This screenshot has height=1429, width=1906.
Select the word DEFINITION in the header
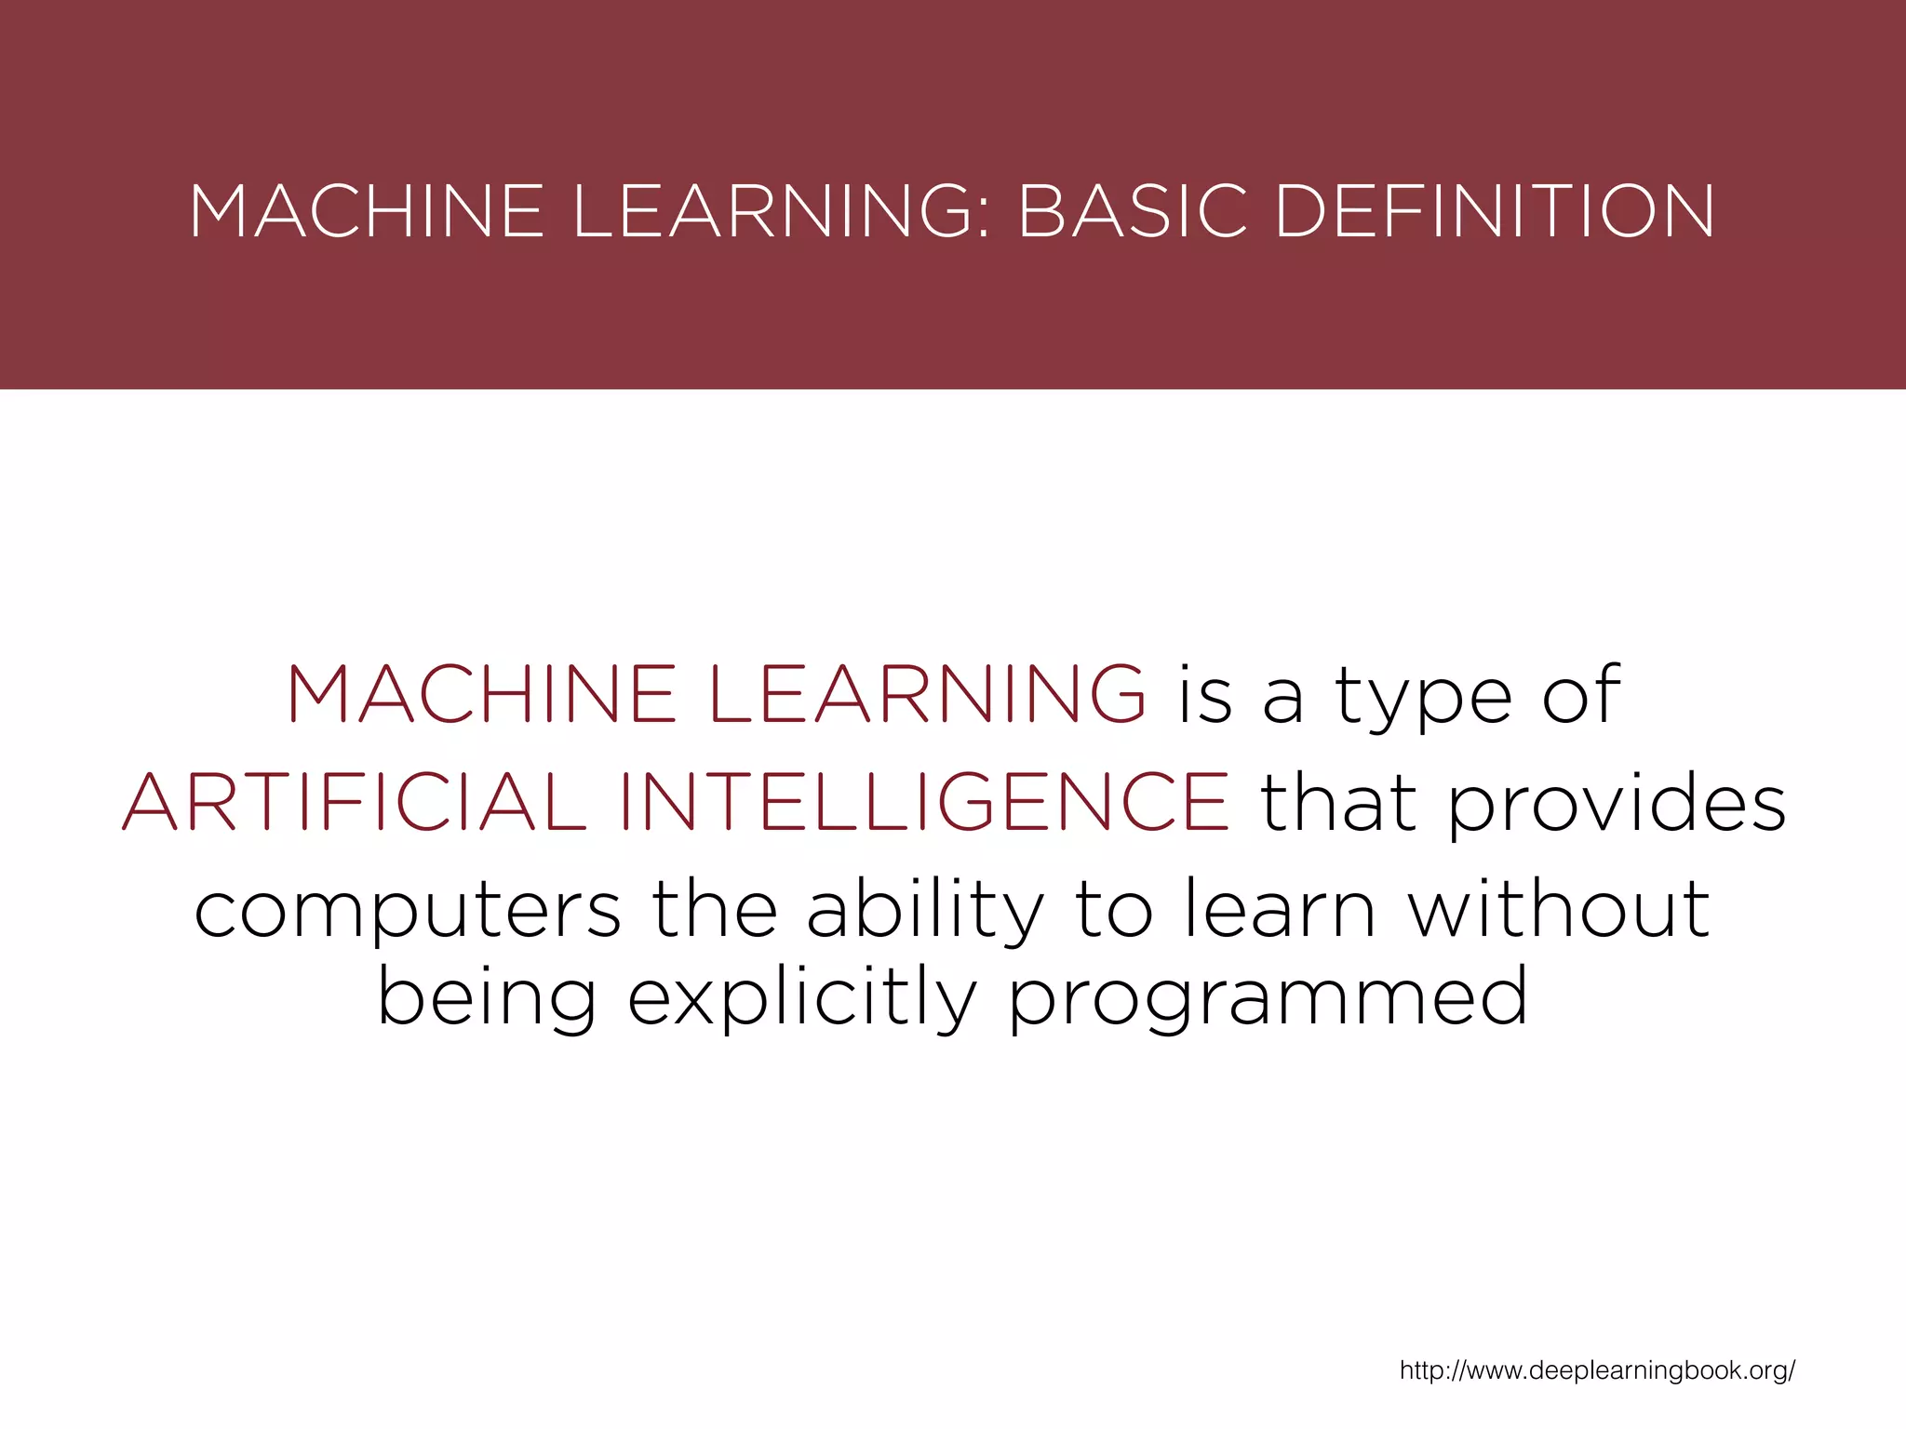1495,211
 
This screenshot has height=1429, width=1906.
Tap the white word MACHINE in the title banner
366,211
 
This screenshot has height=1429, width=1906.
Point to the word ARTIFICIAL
354,802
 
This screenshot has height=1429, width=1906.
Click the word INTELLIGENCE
924,802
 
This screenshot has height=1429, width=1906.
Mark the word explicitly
802,997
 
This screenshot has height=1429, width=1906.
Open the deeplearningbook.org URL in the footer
1597,1370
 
